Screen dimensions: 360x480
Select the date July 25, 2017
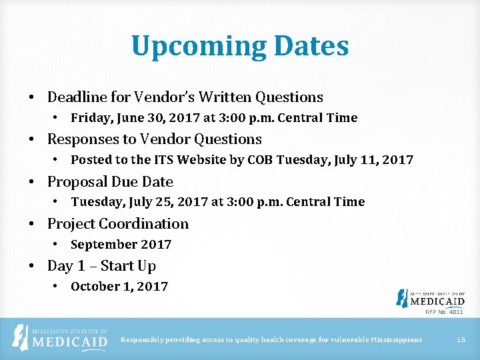tap(165, 202)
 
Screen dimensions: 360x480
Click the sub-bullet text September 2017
tap(121, 245)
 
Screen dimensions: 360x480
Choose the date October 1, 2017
tap(119, 287)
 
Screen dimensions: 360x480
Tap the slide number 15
tap(461, 340)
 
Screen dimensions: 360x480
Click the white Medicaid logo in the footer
tap(61, 339)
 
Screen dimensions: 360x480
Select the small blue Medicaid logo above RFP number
tap(430, 298)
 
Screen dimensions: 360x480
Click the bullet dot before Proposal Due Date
tap(32, 182)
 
